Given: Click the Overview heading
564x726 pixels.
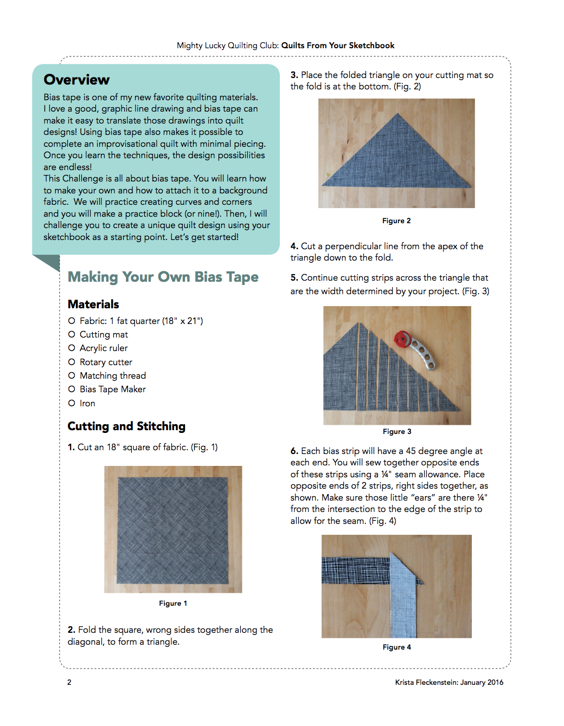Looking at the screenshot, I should point(76,80).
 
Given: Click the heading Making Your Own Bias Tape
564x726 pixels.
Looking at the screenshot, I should point(163,277).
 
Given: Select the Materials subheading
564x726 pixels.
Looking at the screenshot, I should point(93,304).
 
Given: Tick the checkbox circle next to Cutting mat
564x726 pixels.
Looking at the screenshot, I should point(72,334).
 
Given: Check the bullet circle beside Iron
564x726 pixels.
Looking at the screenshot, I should point(72,403).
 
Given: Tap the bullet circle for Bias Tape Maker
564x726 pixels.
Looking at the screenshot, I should point(72,389).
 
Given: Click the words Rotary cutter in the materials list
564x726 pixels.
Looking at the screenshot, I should point(106,362).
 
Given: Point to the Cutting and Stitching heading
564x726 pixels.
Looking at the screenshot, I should point(126,426).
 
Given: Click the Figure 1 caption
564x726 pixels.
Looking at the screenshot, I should point(173,603).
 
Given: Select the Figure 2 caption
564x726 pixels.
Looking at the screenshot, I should point(396,221).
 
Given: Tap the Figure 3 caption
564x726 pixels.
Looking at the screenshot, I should point(397,431).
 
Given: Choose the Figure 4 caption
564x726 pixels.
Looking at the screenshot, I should point(397,647).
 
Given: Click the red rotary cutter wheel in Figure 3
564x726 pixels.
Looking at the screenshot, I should point(402,340).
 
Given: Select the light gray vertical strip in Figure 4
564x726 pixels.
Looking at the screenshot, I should point(403,601).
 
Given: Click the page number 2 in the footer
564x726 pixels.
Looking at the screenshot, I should point(69,682).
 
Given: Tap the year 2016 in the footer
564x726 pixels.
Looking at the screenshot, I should point(495,682).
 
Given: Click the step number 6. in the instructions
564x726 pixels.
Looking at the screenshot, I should point(294,451).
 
